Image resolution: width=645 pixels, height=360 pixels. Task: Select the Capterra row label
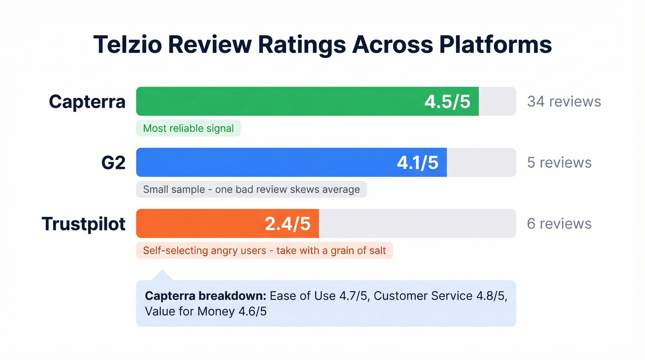[x=87, y=101]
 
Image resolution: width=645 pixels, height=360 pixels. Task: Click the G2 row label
[x=113, y=162]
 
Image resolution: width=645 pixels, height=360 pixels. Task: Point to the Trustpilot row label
[x=83, y=224]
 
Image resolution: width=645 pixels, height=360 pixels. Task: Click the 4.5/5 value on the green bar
[x=447, y=101]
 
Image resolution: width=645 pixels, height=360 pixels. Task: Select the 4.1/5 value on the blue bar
[x=417, y=162]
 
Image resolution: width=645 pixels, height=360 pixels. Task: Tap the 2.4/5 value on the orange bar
[x=287, y=224]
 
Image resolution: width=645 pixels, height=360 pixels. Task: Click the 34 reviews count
[x=563, y=101]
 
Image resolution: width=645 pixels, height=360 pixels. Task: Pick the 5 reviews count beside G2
[x=559, y=162]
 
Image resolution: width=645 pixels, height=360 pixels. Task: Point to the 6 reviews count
[x=559, y=224]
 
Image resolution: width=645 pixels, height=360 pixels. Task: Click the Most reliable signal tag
[x=188, y=128]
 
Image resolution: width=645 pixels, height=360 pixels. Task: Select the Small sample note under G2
[x=251, y=189]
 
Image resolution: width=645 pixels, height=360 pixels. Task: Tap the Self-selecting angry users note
[x=264, y=251]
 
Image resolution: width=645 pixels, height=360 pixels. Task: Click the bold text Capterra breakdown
[x=205, y=296]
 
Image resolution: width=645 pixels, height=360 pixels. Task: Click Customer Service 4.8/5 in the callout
[x=440, y=296]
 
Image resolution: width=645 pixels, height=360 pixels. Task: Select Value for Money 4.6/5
[x=205, y=311]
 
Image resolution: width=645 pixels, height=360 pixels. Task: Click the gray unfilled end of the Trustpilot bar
[x=417, y=224]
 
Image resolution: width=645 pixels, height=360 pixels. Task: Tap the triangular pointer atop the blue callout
[x=162, y=276]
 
